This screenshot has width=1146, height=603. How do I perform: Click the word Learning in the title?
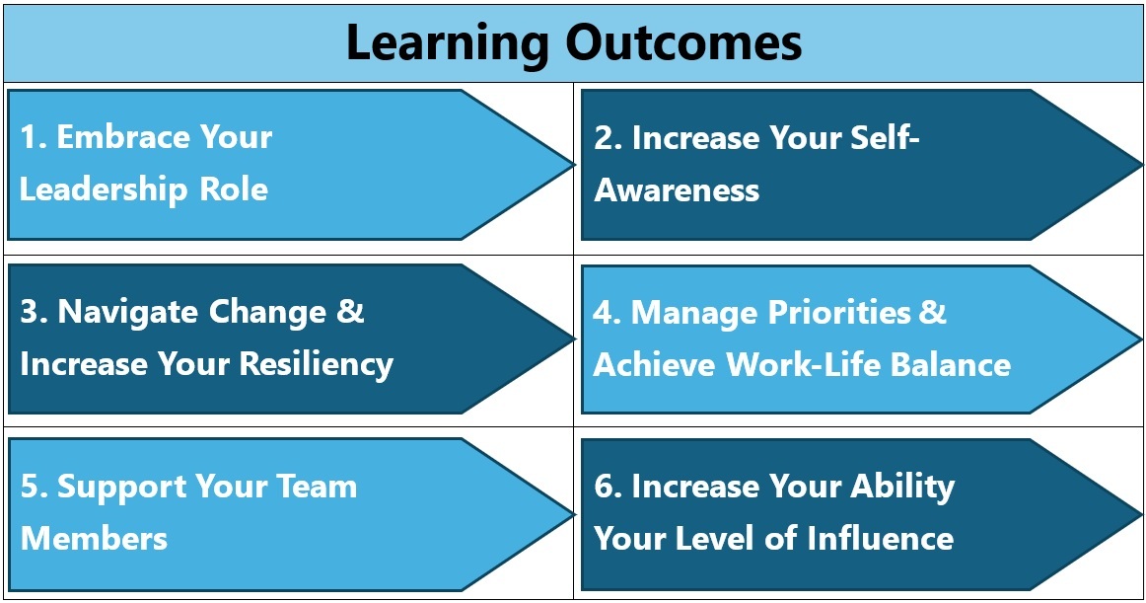tap(448, 42)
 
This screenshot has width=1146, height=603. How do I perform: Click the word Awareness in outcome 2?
tap(677, 189)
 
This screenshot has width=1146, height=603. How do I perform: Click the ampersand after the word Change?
tap(351, 312)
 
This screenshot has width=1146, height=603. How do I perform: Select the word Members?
tap(94, 539)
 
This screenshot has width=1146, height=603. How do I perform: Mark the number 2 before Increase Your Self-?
tap(603, 137)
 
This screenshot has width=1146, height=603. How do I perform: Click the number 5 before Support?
tap(30, 487)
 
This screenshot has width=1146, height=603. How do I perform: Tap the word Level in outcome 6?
tap(716, 539)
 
